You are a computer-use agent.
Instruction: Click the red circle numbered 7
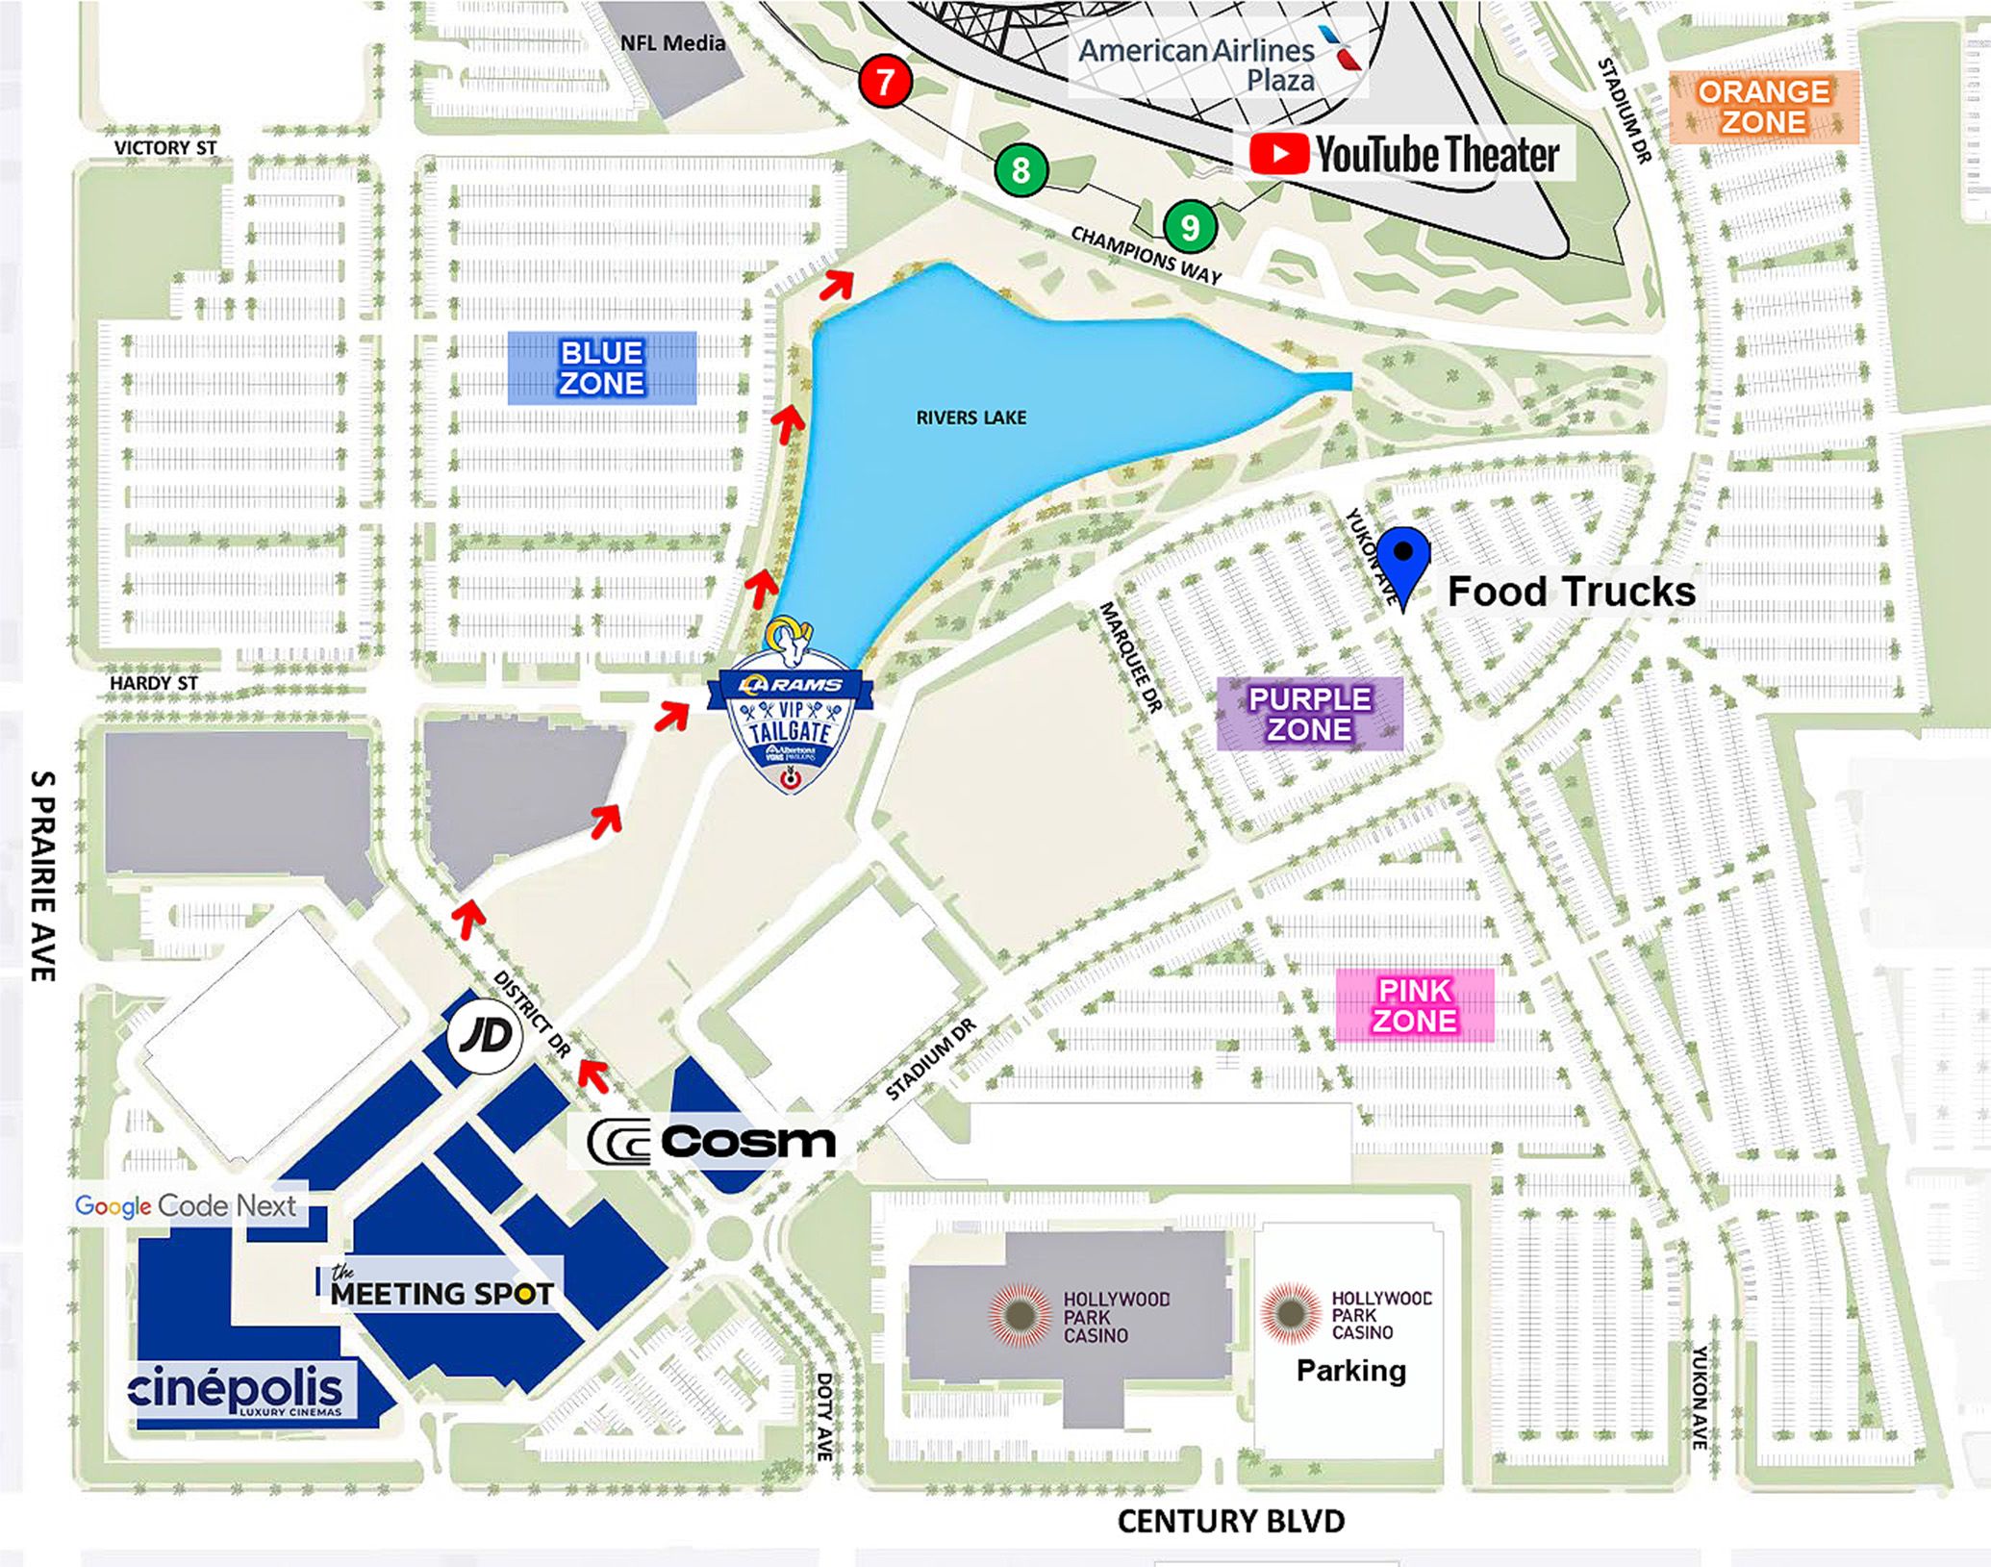(885, 81)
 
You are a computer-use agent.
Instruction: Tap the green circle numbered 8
(1021, 170)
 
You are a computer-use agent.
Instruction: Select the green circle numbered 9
(1190, 227)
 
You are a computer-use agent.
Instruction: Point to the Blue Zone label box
(602, 367)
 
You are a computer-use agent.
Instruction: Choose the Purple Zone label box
(1310, 714)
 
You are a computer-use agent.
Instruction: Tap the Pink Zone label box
(1414, 1005)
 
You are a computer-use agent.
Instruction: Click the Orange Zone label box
(1763, 107)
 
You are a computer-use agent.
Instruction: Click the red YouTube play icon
(1278, 154)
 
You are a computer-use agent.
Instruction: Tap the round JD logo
(485, 1036)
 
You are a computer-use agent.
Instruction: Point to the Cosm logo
(712, 1142)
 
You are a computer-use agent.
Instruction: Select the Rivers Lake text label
(970, 417)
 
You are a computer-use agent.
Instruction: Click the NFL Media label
(672, 42)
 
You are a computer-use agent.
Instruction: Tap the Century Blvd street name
(1230, 1521)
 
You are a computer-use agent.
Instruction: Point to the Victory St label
(165, 147)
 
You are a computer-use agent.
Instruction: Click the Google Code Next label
(186, 1205)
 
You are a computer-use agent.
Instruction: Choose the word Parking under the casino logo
(1350, 1370)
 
